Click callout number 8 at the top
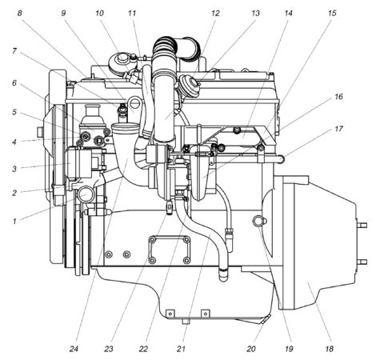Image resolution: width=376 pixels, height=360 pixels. (x=20, y=14)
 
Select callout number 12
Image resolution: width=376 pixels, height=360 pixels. (x=215, y=14)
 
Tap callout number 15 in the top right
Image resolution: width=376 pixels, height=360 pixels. (x=332, y=14)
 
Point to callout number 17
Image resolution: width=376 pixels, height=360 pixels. (x=338, y=129)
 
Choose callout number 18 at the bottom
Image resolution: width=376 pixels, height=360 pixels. (x=329, y=349)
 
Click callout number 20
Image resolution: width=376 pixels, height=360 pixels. (x=250, y=349)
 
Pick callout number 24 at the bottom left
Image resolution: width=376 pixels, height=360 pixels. (x=74, y=349)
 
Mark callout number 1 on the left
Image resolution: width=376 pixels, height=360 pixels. (x=15, y=221)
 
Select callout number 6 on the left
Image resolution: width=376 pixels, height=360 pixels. (x=14, y=83)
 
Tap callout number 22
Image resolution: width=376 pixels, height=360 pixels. (x=143, y=349)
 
